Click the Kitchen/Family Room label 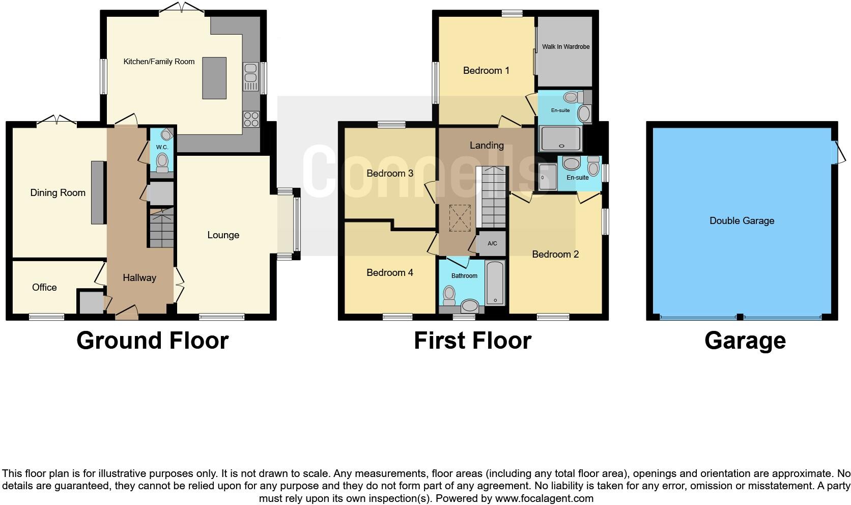(159, 62)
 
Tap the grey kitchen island (214, 78)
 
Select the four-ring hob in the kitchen (251, 120)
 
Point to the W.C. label (162, 147)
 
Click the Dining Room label (58, 193)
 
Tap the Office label (44, 288)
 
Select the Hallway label (139, 278)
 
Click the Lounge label (223, 235)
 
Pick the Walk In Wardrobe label (565, 47)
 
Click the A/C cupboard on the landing (492, 243)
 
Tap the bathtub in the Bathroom (495, 283)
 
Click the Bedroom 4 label (389, 273)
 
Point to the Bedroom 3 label (389, 174)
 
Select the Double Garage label (742, 221)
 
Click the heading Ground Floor (152, 341)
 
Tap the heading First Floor (472, 341)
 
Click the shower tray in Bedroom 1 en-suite (560, 138)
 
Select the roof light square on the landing (460, 217)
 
